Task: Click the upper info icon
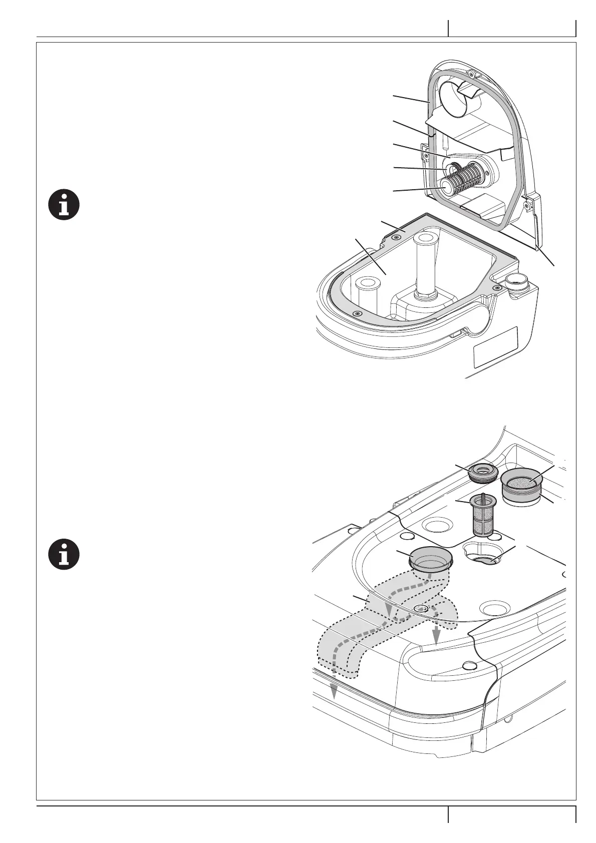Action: (x=64, y=205)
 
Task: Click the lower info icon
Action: (x=64, y=555)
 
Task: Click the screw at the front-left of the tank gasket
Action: (x=357, y=313)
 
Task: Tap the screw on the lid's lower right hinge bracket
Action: (x=526, y=204)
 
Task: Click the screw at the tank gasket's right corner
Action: (x=497, y=287)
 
